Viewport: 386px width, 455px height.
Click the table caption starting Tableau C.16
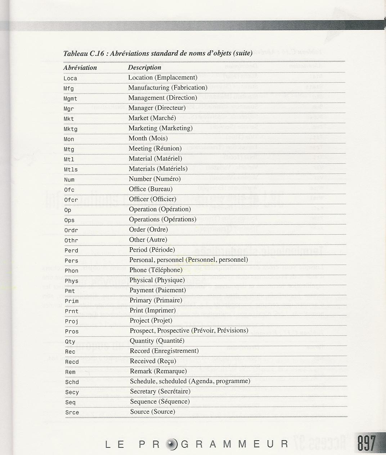(157, 54)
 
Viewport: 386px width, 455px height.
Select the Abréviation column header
(80, 68)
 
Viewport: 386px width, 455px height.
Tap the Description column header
(144, 67)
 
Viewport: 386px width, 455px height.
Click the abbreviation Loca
(70, 78)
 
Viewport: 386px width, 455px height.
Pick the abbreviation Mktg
(71, 129)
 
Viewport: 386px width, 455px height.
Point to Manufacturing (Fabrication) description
(168, 87)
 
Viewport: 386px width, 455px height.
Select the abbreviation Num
(69, 180)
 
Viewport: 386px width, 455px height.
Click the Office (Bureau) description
(151, 189)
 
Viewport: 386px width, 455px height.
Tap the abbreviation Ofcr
(71, 200)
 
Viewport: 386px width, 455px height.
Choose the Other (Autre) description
(148, 239)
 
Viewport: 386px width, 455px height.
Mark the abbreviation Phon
(71, 271)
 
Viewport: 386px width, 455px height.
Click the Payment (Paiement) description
(158, 290)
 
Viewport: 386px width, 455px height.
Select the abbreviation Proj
(72, 321)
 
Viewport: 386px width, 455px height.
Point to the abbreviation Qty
(70, 342)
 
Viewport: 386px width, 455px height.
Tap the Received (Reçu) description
(153, 361)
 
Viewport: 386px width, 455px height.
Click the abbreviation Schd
(72, 382)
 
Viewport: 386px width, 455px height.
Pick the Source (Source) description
(152, 411)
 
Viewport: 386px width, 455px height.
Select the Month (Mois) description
(148, 138)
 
